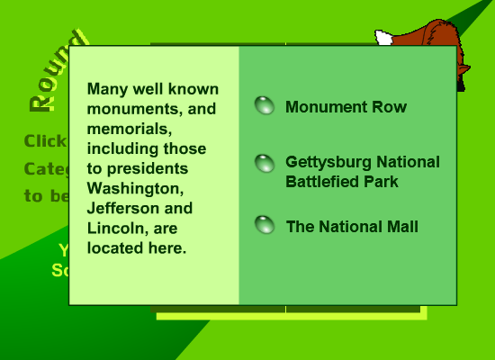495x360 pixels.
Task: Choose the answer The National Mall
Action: point(351,227)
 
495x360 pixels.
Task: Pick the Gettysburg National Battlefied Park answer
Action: point(362,171)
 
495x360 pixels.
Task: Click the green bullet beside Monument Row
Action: point(265,106)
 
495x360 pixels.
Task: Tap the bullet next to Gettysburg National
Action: point(265,164)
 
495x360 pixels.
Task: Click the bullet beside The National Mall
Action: point(265,225)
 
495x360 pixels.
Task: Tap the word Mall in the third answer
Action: point(400,227)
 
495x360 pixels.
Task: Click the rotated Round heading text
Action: point(57,72)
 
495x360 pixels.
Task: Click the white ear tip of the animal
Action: point(383,39)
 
